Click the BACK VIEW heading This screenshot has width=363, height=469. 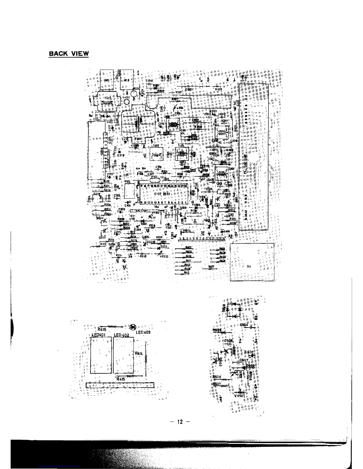point(69,54)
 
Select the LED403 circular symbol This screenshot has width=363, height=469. point(133,327)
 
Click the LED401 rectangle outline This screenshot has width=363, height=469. point(101,355)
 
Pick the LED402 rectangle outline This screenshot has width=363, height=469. point(123,355)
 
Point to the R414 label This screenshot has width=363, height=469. point(139,353)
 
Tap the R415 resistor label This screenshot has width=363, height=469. point(121,379)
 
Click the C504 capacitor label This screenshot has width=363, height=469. point(244,325)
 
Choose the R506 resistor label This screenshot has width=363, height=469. point(217,377)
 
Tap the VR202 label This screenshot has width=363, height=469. point(164,256)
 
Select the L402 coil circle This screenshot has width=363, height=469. point(126,102)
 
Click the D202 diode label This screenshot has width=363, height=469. point(164,246)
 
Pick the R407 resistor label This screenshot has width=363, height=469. point(211,266)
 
